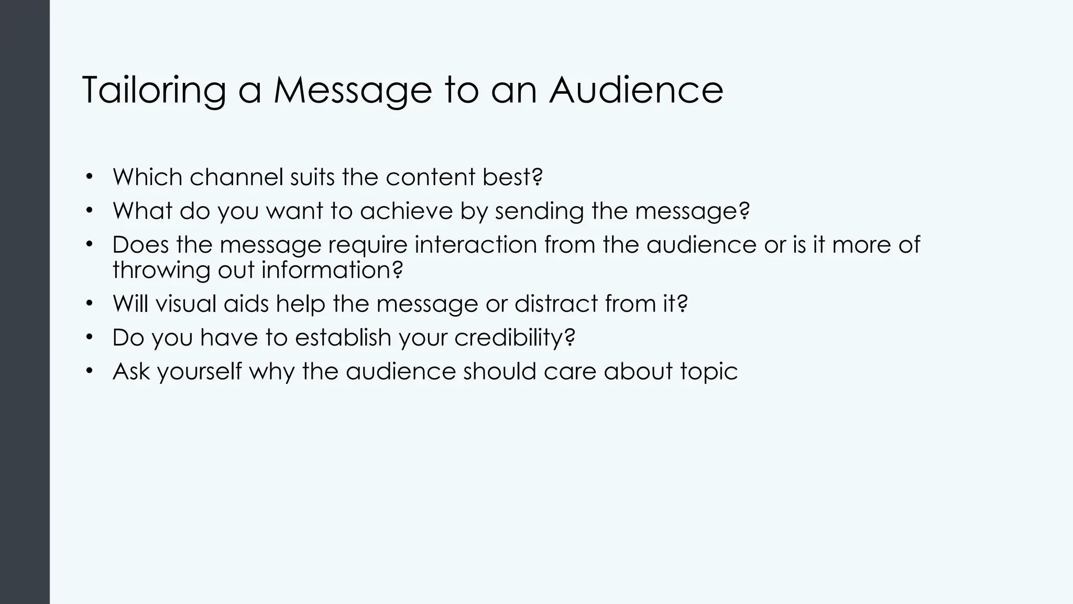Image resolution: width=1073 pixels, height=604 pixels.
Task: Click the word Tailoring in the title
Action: click(154, 91)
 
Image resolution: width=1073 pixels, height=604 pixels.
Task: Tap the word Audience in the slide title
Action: click(636, 90)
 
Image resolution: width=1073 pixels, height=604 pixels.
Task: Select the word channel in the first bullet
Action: click(236, 177)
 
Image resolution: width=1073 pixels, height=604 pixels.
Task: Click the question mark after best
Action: click(537, 177)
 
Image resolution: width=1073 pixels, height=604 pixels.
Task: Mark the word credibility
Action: click(509, 338)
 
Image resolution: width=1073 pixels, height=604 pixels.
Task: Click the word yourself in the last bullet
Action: click(199, 372)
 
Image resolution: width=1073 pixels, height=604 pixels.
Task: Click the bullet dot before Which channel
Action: click(90, 176)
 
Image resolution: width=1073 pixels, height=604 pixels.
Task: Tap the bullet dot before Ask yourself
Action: click(90, 371)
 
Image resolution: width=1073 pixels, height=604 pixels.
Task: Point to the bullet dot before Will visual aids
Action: click(90, 303)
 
